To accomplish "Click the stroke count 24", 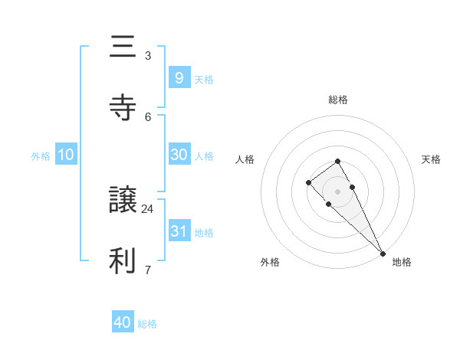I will [148, 208].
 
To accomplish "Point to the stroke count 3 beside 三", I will [148, 55].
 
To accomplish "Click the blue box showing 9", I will [179, 77].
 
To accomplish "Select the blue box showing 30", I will [179, 154].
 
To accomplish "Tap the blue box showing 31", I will [179, 231].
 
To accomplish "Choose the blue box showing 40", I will [123, 322].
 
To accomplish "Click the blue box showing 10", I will [66, 154].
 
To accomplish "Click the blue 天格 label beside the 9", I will [204, 79].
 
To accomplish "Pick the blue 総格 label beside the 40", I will [147, 324].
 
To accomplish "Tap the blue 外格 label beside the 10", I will [41, 155].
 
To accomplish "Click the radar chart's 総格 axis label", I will [338, 100].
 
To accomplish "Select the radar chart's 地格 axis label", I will [402, 262].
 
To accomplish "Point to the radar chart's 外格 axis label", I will [270, 262].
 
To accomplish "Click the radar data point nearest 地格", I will [383, 253].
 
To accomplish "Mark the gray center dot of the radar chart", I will [337, 191].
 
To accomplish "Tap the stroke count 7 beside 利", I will [148, 270].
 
